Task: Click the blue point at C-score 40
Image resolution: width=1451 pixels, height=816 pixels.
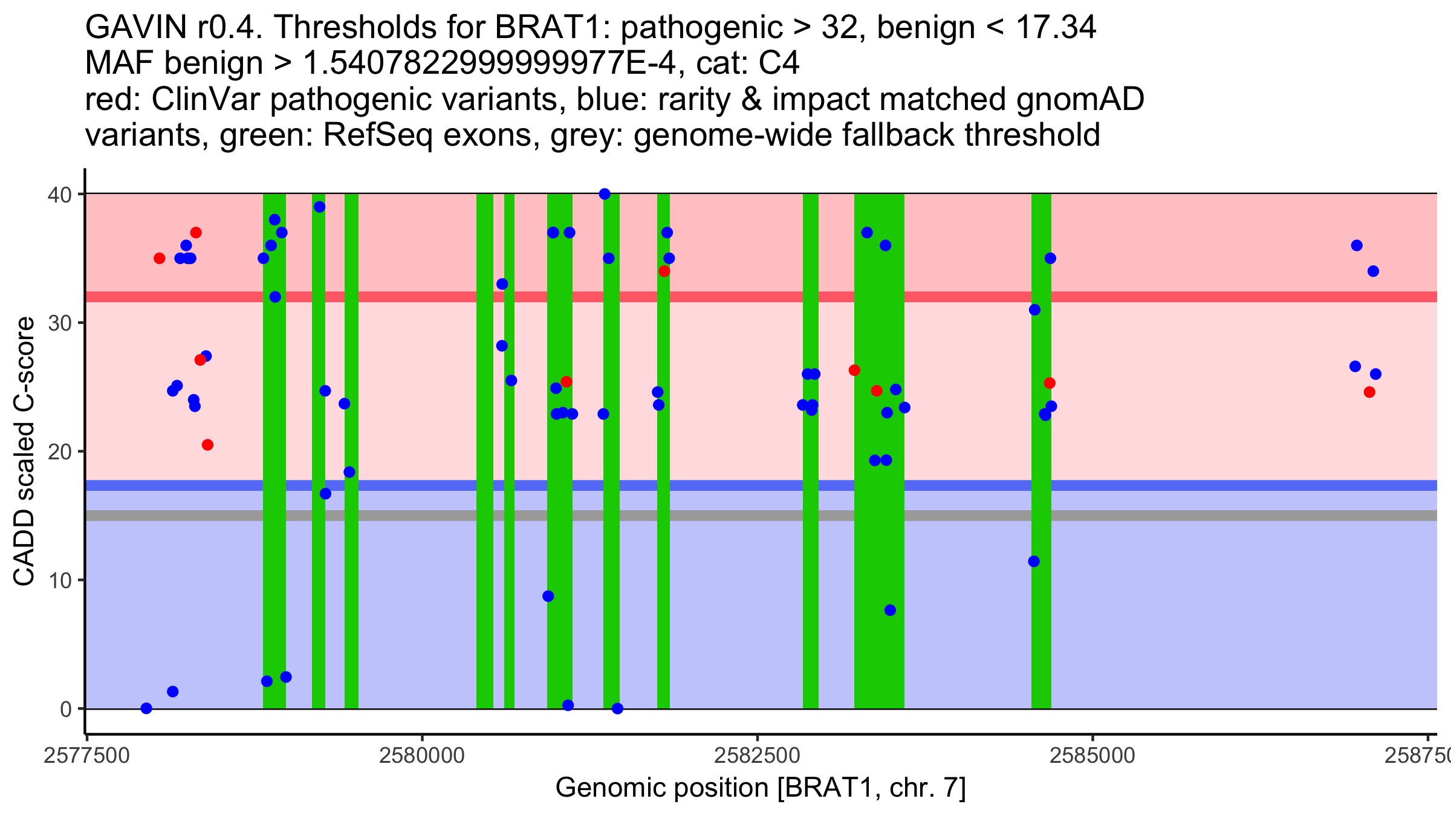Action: click(x=605, y=194)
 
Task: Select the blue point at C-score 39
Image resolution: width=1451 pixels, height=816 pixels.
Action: click(x=320, y=207)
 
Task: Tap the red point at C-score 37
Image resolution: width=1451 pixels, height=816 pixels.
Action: click(x=196, y=233)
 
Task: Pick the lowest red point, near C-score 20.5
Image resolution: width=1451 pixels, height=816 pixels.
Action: click(x=207, y=445)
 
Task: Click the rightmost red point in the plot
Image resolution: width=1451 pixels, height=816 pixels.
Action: click(x=1369, y=392)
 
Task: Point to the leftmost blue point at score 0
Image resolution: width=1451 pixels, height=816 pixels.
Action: click(x=146, y=708)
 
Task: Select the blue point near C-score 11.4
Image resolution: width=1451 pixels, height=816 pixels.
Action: click(x=1034, y=562)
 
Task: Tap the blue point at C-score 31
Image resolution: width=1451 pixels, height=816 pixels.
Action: click(x=1034, y=310)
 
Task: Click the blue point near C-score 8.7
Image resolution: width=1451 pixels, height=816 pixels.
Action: click(x=548, y=596)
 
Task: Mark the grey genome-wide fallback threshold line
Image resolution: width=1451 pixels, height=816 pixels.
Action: click(x=762, y=516)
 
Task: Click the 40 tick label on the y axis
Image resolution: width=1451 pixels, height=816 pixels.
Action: click(x=60, y=195)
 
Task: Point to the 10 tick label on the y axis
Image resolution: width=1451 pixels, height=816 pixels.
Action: click(x=60, y=580)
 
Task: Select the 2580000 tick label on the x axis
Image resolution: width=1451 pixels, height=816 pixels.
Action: click(x=421, y=756)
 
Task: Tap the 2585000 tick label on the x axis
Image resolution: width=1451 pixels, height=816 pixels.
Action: click(x=1092, y=756)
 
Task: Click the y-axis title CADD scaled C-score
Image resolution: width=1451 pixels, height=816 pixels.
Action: click(x=24, y=452)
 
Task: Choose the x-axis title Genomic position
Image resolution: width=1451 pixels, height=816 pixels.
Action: click(x=761, y=788)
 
